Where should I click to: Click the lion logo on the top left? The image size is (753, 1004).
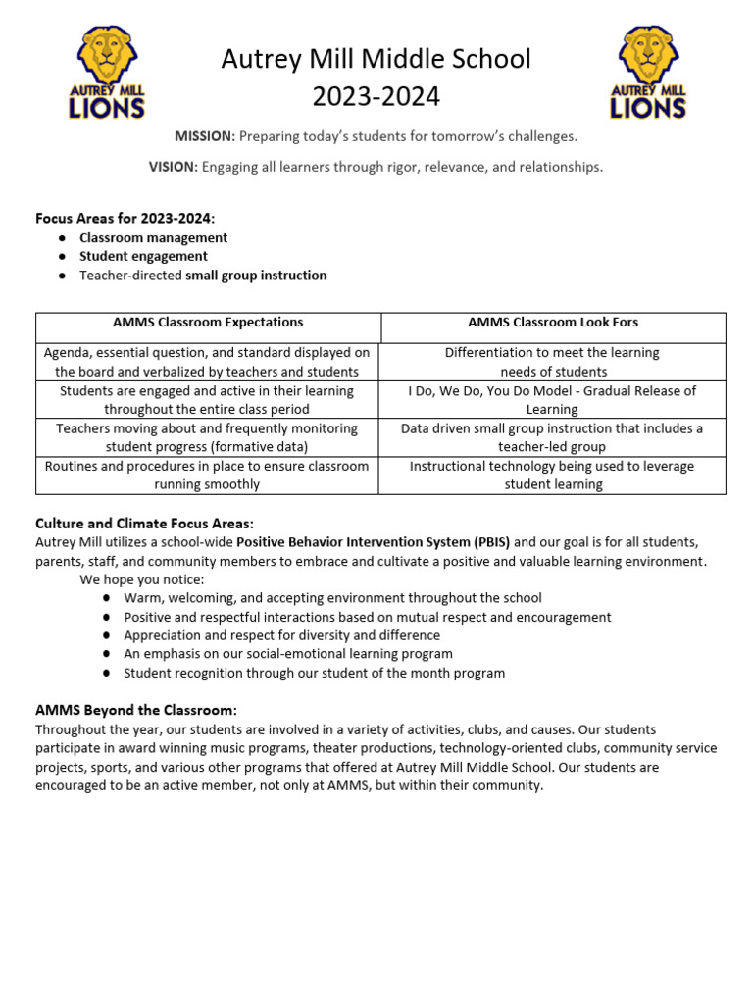click(106, 74)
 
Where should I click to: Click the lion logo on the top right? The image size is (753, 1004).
click(648, 74)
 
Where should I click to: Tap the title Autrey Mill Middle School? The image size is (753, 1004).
click(376, 60)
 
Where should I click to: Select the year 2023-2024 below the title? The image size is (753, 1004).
click(376, 97)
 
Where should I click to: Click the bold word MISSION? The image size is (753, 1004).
click(205, 135)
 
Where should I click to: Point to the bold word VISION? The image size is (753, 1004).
click(174, 167)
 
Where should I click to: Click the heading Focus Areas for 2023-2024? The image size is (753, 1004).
click(125, 218)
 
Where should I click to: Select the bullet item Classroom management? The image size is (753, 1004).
click(153, 237)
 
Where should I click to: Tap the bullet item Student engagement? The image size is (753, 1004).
click(143, 256)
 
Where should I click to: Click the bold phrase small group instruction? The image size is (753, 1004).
click(256, 276)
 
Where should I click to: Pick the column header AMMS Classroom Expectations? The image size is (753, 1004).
click(208, 322)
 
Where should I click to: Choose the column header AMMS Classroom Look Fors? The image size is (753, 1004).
click(553, 322)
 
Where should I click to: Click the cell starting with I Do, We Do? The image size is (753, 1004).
click(553, 400)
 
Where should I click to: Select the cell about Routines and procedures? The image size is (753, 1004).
click(208, 476)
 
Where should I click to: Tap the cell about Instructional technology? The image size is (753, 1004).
click(553, 476)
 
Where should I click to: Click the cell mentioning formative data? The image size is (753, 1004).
click(208, 437)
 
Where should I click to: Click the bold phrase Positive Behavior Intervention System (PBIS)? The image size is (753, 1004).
click(373, 542)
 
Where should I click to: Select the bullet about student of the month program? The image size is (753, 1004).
click(314, 673)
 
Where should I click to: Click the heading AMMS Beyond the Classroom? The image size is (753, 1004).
click(136, 710)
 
